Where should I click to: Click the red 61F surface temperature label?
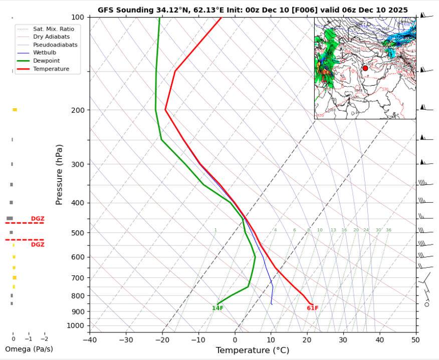point(312,308)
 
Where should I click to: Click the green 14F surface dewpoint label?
point(217,308)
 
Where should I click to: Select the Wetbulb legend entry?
point(44,53)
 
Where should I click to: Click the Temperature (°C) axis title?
point(253,350)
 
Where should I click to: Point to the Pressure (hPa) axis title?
point(60,174)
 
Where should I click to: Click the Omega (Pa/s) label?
point(29,349)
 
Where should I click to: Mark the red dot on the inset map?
point(365,68)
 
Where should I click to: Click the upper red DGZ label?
point(38,219)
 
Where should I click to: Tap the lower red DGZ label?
point(38,245)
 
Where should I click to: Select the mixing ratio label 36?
point(388,230)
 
